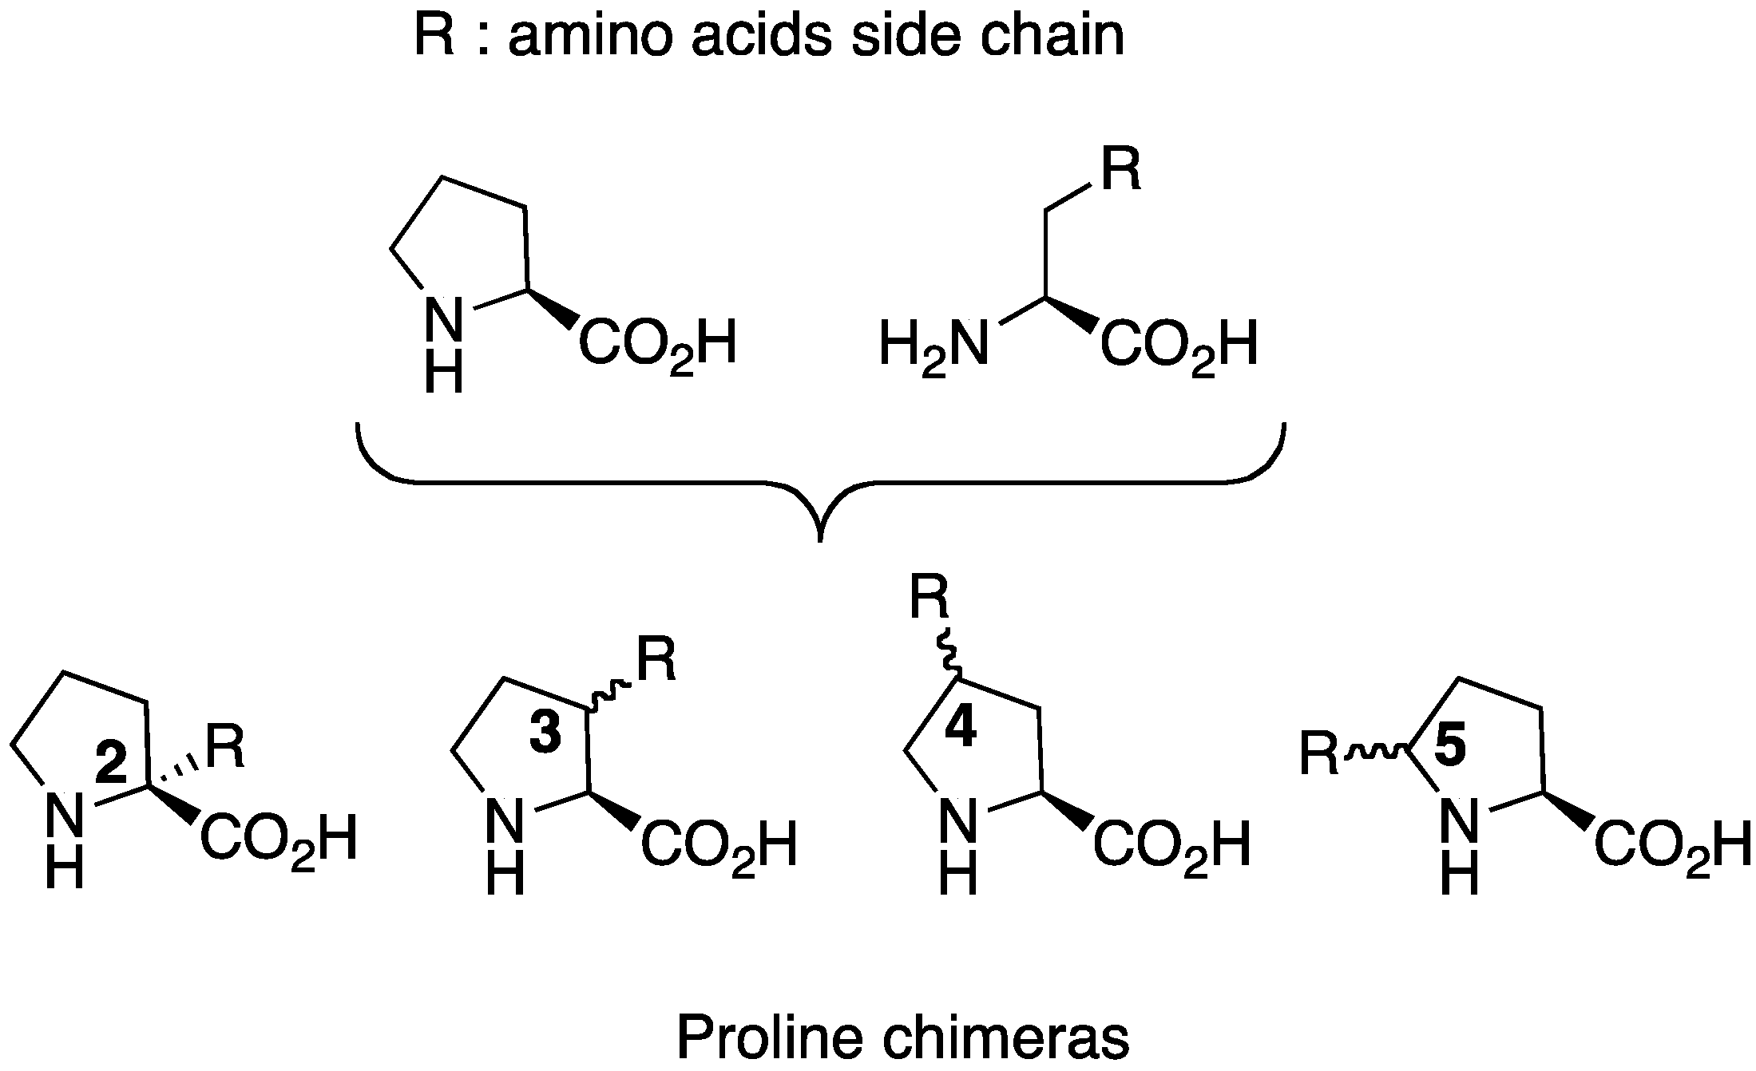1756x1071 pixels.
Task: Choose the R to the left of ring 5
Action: (x=1319, y=754)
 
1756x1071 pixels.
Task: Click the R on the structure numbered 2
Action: (x=225, y=748)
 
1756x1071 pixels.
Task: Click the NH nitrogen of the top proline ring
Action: (x=443, y=319)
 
